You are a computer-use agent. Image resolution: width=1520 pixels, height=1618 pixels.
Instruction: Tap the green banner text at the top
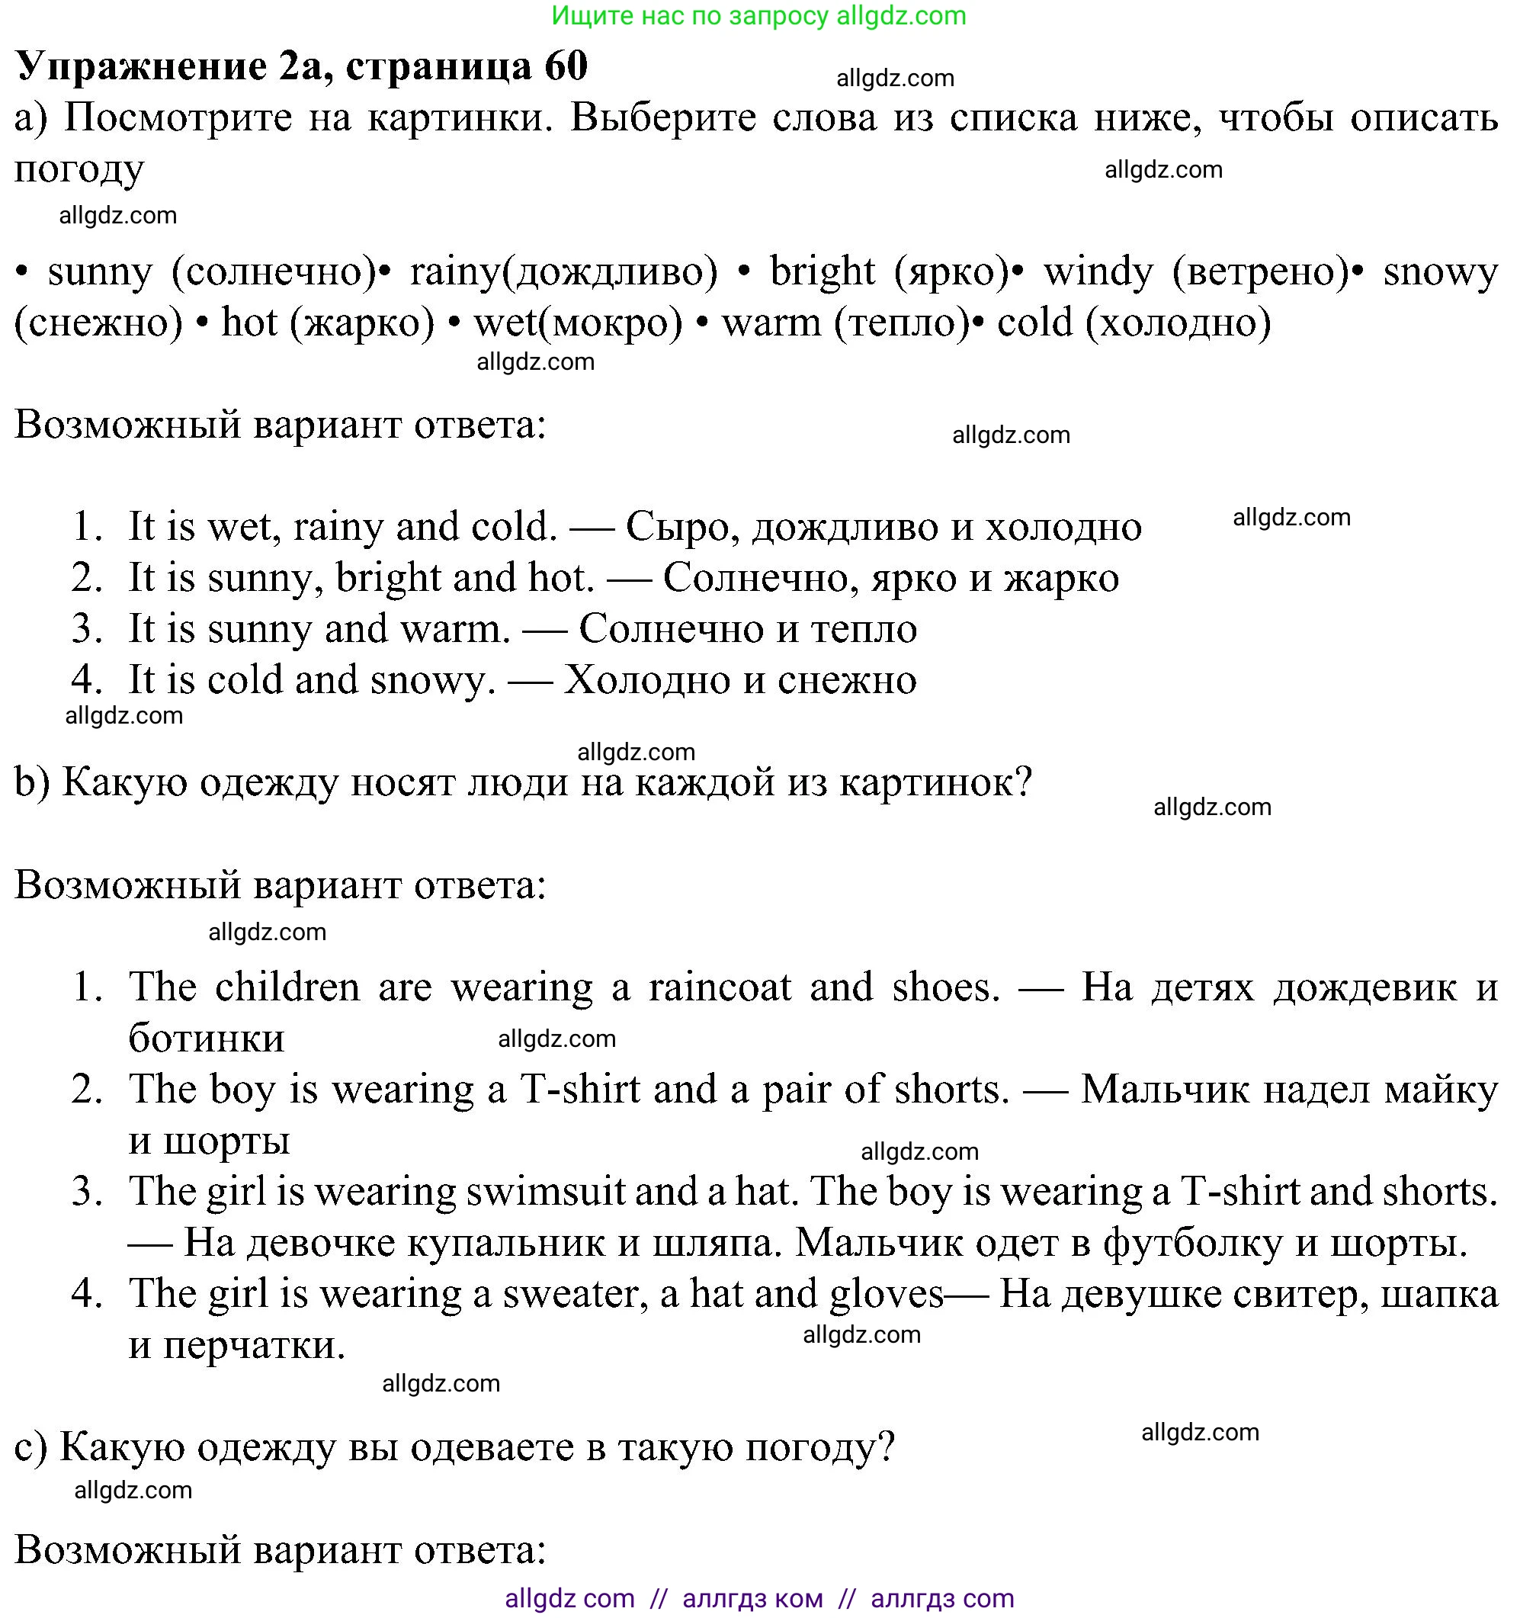click(758, 15)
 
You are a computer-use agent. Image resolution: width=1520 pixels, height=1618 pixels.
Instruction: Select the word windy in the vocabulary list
click(1098, 272)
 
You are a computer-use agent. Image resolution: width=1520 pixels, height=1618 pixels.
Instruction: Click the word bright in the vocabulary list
click(822, 272)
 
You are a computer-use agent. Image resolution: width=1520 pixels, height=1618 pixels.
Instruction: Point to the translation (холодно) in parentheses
click(1178, 323)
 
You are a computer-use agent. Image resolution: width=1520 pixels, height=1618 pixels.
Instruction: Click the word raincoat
click(720, 987)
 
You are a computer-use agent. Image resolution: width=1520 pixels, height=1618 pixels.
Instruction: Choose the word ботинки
click(207, 1039)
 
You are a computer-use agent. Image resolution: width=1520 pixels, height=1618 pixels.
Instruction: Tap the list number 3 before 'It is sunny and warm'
click(85, 629)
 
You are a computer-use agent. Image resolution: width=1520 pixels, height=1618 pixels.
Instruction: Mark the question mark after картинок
click(1024, 782)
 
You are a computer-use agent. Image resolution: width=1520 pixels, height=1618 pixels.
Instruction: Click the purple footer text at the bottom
click(758, 1597)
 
